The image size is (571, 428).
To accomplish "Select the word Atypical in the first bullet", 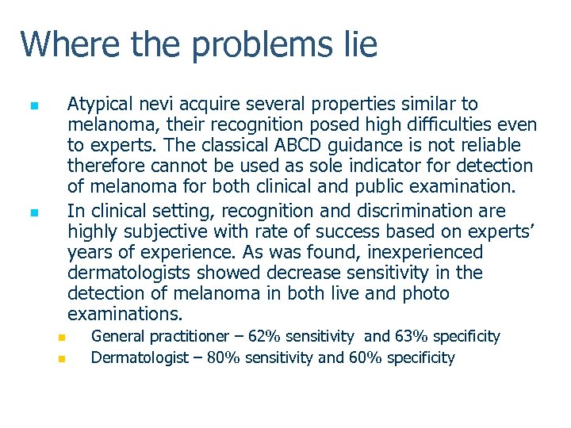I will [x=99, y=105].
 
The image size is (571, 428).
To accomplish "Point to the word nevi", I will [x=154, y=105].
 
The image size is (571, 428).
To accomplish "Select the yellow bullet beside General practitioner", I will [x=59, y=338].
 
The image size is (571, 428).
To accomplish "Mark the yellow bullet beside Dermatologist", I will [x=59, y=359].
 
